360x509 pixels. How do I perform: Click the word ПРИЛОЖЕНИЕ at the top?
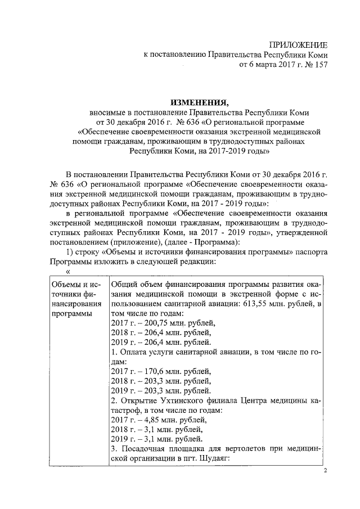298,44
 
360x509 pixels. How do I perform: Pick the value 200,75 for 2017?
149,323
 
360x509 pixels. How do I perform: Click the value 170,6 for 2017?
147,371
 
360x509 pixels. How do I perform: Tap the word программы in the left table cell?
71,313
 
